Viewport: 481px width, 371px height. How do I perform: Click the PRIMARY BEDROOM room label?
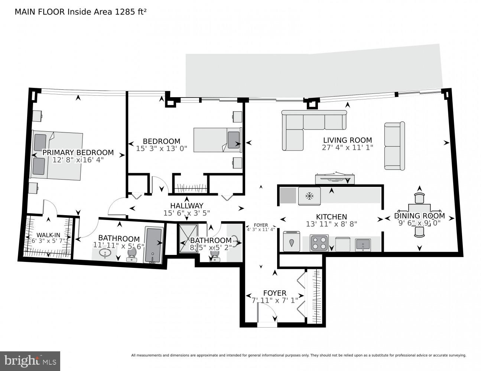pyautogui.click(x=78, y=152)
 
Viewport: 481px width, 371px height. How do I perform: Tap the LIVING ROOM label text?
pyautogui.click(x=347, y=140)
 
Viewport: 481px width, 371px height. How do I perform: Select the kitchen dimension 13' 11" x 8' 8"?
pyautogui.click(x=326, y=224)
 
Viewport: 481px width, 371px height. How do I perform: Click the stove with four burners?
pyautogui.click(x=319, y=243)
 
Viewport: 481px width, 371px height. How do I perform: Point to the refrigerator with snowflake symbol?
pyautogui.click(x=309, y=196)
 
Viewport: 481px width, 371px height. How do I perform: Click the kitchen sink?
pyautogui.click(x=363, y=244)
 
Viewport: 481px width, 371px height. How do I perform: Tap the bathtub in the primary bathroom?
pyautogui.click(x=154, y=244)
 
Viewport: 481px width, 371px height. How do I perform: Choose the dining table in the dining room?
pyautogui.click(x=419, y=216)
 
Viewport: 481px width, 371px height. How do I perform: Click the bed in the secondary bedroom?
pyautogui.click(x=217, y=140)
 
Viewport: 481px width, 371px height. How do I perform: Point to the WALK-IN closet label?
pyautogui.click(x=48, y=235)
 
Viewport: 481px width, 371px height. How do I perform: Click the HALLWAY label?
pyautogui.click(x=187, y=206)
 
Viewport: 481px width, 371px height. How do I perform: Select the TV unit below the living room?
pyautogui.click(x=334, y=179)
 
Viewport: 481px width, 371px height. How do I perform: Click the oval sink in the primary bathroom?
pyautogui.click(x=105, y=253)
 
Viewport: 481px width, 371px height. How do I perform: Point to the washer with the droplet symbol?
pyautogui.click(x=292, y=242)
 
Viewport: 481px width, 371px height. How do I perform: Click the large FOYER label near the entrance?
pyautogui.click(x=275, y=293)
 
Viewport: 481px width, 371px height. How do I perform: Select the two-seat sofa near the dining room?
pyautogui.click(x=394, y=146)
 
